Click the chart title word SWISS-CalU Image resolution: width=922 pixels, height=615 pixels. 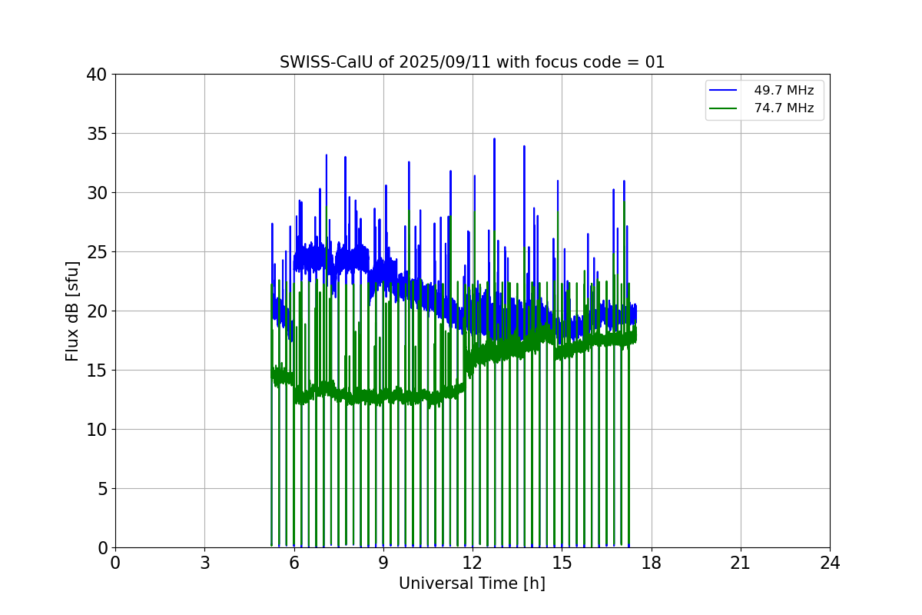coord(317,62)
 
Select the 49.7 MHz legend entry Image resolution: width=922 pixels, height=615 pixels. coord(783,91)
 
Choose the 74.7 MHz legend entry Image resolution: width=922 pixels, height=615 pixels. coord(783,108)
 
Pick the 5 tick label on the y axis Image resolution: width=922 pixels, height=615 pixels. coord(101,489)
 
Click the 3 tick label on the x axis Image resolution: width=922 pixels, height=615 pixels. coord(204,563)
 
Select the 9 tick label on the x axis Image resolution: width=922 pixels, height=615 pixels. coord(383,563)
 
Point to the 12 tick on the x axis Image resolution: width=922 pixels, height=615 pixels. coord(473,563)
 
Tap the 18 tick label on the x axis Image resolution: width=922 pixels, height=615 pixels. coord(652,563)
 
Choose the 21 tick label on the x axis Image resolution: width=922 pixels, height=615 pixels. coord(741,563)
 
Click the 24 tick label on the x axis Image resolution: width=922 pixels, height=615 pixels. coord(830,563)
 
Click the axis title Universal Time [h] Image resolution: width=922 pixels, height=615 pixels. coord(472,583)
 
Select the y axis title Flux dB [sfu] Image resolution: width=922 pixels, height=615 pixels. coord(72,311)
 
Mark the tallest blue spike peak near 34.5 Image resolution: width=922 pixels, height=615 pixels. coord(494,139)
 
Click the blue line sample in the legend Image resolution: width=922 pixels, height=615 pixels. coord(725,91)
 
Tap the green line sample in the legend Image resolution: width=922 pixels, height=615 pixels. coord(725,108)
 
